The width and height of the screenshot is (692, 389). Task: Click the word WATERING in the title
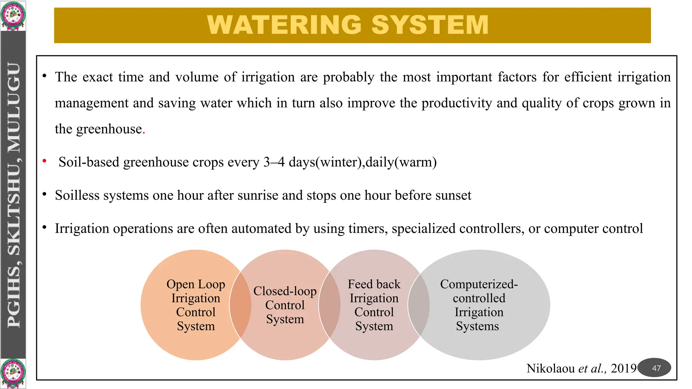click(x=285, y=25)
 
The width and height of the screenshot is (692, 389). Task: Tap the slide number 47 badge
click(x=656, y=368)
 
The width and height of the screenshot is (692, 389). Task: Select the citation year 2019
click(x=623, y=368)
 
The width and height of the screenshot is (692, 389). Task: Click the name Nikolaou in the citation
click(x=550, y=368)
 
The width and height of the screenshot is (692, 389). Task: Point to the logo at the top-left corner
click(x=13, y=16)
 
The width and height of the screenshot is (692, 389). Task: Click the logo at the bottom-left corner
click(x=13, y=373)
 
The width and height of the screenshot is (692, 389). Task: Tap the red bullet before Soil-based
click(x=44, y=161)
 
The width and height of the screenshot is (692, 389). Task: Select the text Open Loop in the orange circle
click(x=196, y=284)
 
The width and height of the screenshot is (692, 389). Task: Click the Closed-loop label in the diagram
click(x=285, y=291)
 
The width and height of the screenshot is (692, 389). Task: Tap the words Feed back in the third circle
click(x=374, y=284)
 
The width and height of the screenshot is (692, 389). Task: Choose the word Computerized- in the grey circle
click(x=479, y=284)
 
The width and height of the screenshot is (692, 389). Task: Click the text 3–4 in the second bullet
click(x=274, y=162)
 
